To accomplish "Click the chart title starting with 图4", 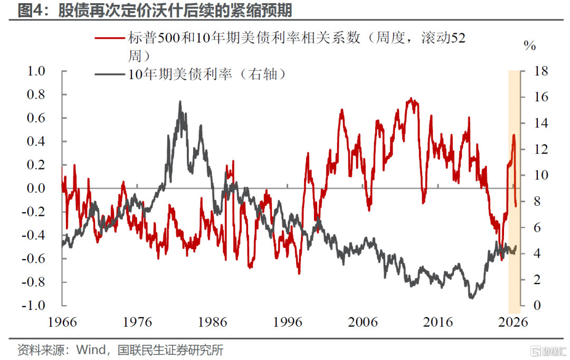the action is tap(155, 10).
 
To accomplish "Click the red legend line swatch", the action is tap(110, 38).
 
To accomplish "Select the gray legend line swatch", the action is tap(110, 74).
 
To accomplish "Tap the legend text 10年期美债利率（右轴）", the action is tap(207, 74).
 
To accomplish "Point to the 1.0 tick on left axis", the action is tap(36, 71).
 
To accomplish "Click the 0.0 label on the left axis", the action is tap(36, 188).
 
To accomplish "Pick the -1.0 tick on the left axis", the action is tap(34, 305).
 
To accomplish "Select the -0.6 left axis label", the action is tap(34, 259).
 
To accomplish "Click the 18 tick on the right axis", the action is tap(541, 71).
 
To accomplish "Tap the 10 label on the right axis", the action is tap(541, 175).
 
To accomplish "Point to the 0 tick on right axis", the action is tap(537, 305).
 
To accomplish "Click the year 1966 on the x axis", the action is tap(62, 322).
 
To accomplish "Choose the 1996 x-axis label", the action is tap(288, 322).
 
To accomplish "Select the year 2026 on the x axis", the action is tap(512, 322).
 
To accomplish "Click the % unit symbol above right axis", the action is tap(530, 45).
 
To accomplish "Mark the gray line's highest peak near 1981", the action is tap(180, 102).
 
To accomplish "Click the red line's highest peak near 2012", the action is tap(411, 99).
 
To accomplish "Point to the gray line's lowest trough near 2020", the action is tap(471, 298).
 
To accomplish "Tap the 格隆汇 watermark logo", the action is tap(548, 351).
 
